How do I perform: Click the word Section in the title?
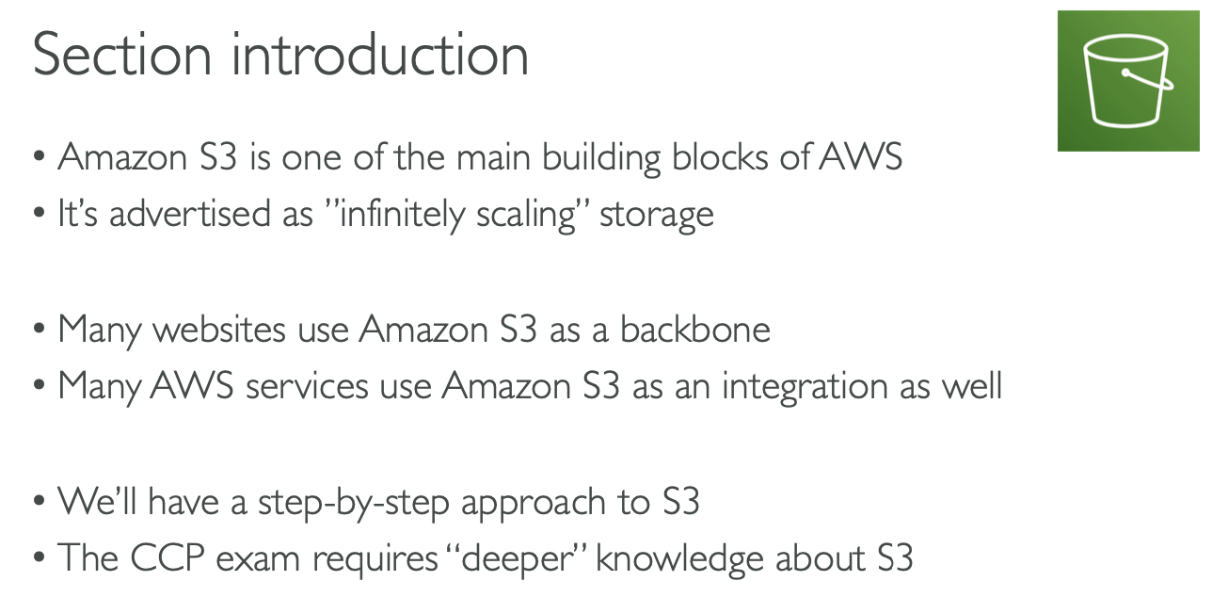123,55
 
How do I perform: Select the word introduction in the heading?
380,55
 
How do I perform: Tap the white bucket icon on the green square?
1127,82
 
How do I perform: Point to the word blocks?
722,156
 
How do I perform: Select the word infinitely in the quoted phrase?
407,214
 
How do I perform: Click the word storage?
656,216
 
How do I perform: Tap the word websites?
219,330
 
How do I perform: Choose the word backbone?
695,330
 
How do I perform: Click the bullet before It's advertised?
39,216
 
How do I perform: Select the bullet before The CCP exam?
39,560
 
